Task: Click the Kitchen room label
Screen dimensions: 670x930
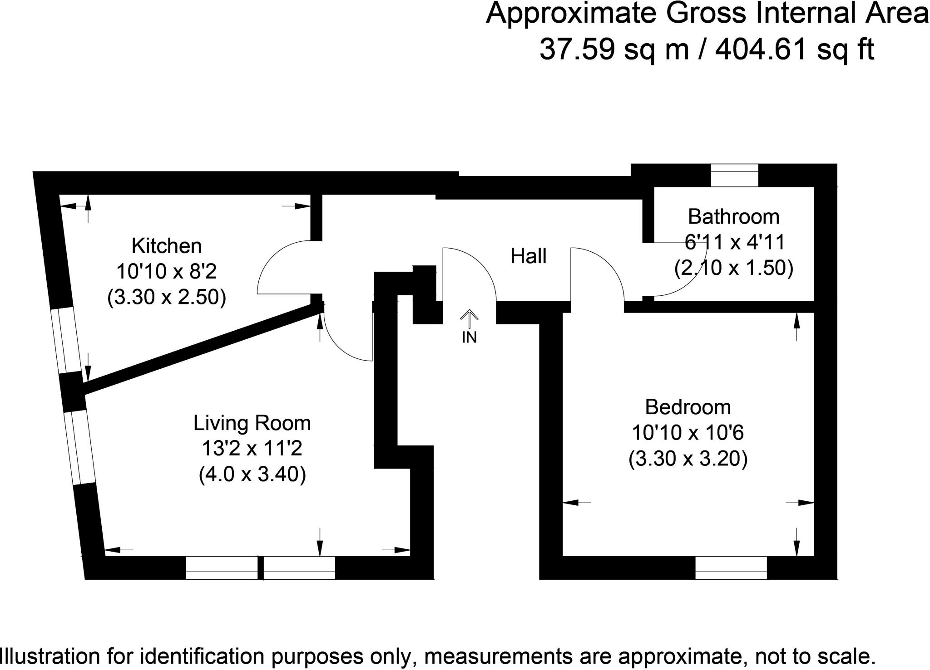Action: [166, 246]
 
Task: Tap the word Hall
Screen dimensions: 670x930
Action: [528, 256]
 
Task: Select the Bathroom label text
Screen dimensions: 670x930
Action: [733, 217]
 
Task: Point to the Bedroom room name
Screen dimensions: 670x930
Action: [688, 407]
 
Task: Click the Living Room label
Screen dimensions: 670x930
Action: [252, 423]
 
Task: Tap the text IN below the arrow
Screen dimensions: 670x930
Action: [469, 337]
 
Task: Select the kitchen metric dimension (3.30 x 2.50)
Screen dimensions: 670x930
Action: [166, 298]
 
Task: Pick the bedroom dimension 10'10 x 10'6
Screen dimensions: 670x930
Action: [688, 433]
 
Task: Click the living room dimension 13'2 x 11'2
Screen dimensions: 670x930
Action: [252, 449]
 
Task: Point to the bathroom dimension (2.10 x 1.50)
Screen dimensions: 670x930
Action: [733, 268]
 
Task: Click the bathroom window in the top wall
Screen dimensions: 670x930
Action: [734, 175]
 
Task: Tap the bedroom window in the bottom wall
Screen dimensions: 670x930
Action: [731, 568]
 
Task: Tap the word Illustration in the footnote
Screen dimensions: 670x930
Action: [50, 657]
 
